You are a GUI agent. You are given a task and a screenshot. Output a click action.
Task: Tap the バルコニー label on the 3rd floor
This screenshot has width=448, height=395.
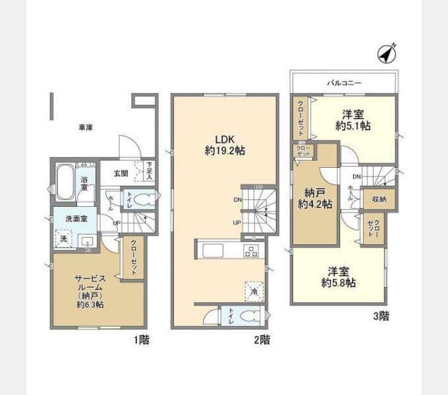coord(345,84)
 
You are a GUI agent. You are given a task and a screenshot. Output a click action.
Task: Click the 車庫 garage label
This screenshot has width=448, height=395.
coord(86,127)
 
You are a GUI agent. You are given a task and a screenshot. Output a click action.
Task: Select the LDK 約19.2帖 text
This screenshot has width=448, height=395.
coord(224,145)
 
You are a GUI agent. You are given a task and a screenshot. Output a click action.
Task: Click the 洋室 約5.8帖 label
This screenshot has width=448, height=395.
coord(339,276)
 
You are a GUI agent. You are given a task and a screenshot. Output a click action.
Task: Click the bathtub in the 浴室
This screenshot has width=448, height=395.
coord(66,182)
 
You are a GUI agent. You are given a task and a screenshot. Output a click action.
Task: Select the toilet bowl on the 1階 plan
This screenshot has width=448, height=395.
coord(148,199)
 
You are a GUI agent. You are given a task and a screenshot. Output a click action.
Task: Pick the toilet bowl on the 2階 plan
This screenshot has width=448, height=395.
coord(246,316)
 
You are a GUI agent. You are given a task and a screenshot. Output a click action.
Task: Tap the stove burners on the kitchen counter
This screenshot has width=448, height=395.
coord(251,250)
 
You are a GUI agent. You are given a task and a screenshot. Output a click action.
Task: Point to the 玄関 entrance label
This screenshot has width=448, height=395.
coord(120,174)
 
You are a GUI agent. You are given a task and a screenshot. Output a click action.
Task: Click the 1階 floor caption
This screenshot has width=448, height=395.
coord(140,340)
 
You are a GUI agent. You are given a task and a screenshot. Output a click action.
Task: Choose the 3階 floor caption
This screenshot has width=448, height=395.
coord(379,315)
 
